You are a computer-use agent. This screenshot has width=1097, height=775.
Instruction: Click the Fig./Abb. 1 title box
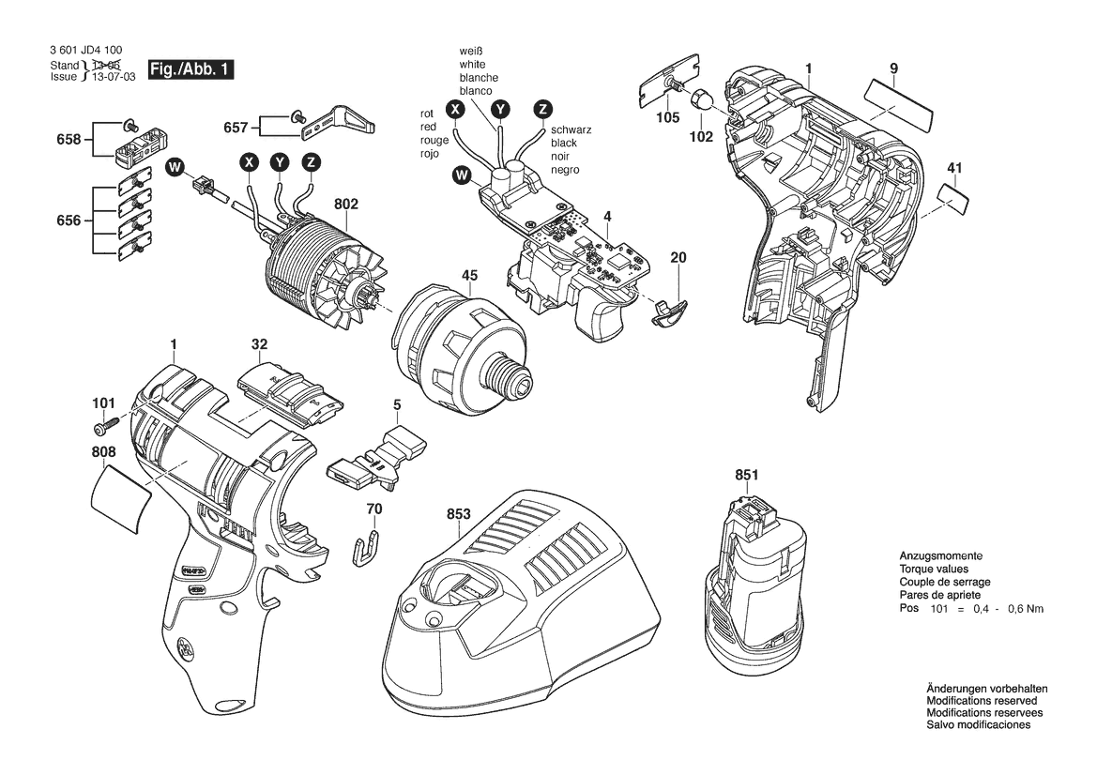click(x=190, y=69)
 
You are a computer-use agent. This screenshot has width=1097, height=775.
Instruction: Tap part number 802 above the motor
click(x=346, y=205)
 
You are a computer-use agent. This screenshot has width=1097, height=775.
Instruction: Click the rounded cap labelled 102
click(x=701, y=100)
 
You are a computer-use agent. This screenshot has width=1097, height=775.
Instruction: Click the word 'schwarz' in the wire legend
click(x=571, y=129)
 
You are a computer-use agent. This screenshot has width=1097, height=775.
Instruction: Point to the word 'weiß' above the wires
click(x=471, y=51)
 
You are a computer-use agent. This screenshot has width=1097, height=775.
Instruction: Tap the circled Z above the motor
click(x=311, y=163)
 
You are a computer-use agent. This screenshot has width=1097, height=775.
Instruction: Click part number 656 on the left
click(x=69, y=220)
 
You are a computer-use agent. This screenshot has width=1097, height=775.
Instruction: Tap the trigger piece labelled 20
click(x=669, y=311)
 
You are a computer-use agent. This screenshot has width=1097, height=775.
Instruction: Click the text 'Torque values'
click(x=934, y=569)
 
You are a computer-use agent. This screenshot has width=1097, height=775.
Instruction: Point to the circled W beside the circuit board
click(x=462, y=175)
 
